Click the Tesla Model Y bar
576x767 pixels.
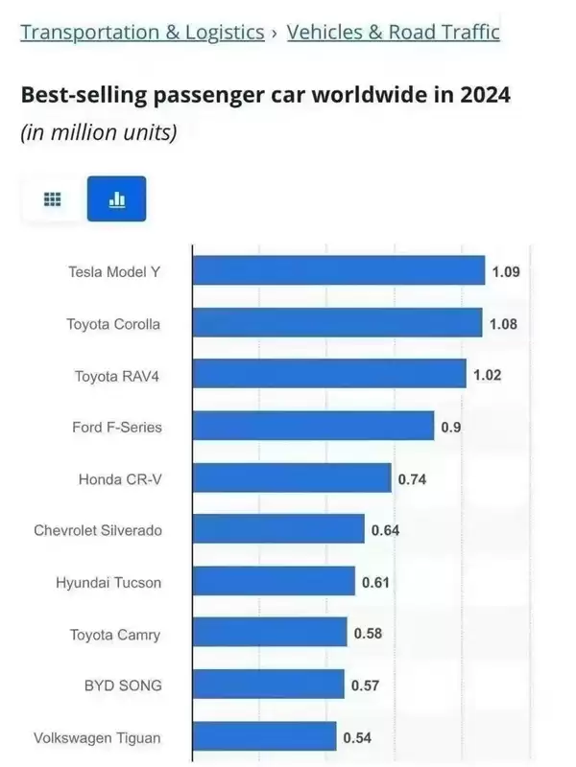(x=338, y=270)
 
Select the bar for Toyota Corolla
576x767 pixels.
(x=337, y=323)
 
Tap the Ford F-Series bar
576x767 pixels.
(x=313, y=427)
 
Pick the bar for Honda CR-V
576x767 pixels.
(x=292, y=477)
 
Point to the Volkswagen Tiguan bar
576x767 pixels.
(x=264, y=737)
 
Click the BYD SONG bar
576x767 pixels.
(x=268, y=685)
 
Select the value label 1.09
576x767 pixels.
(x=505, y=271)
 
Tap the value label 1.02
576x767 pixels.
(x=487, y=375)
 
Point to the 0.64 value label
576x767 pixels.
(x=384, y=529)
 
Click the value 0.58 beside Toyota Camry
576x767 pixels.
(x=368, y=633)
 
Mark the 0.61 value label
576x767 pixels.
(x=375, y=581)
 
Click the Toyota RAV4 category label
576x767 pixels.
(x=117, y=376)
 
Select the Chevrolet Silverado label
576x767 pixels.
(x=97, y=530)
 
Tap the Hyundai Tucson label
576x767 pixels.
(x=108, y=582)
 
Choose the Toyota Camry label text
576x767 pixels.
(x=115, y=634)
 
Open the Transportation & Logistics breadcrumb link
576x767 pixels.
(x=142, y=32)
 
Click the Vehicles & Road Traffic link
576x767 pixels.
(x=393, y=32)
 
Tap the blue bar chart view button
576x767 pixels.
(x=116, y=198)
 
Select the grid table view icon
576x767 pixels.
(x=53, y=198)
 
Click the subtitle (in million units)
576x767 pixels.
(x=98, y=132)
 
